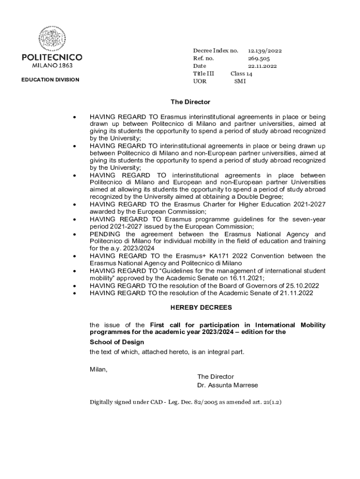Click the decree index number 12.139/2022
265,51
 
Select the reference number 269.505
259,58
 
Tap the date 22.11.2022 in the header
262,66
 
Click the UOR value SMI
240,81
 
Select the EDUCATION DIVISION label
50,80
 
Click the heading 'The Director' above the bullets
190,102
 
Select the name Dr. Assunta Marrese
228,385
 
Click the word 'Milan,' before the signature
99,370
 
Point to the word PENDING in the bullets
105,234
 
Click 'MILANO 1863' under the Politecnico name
52,65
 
